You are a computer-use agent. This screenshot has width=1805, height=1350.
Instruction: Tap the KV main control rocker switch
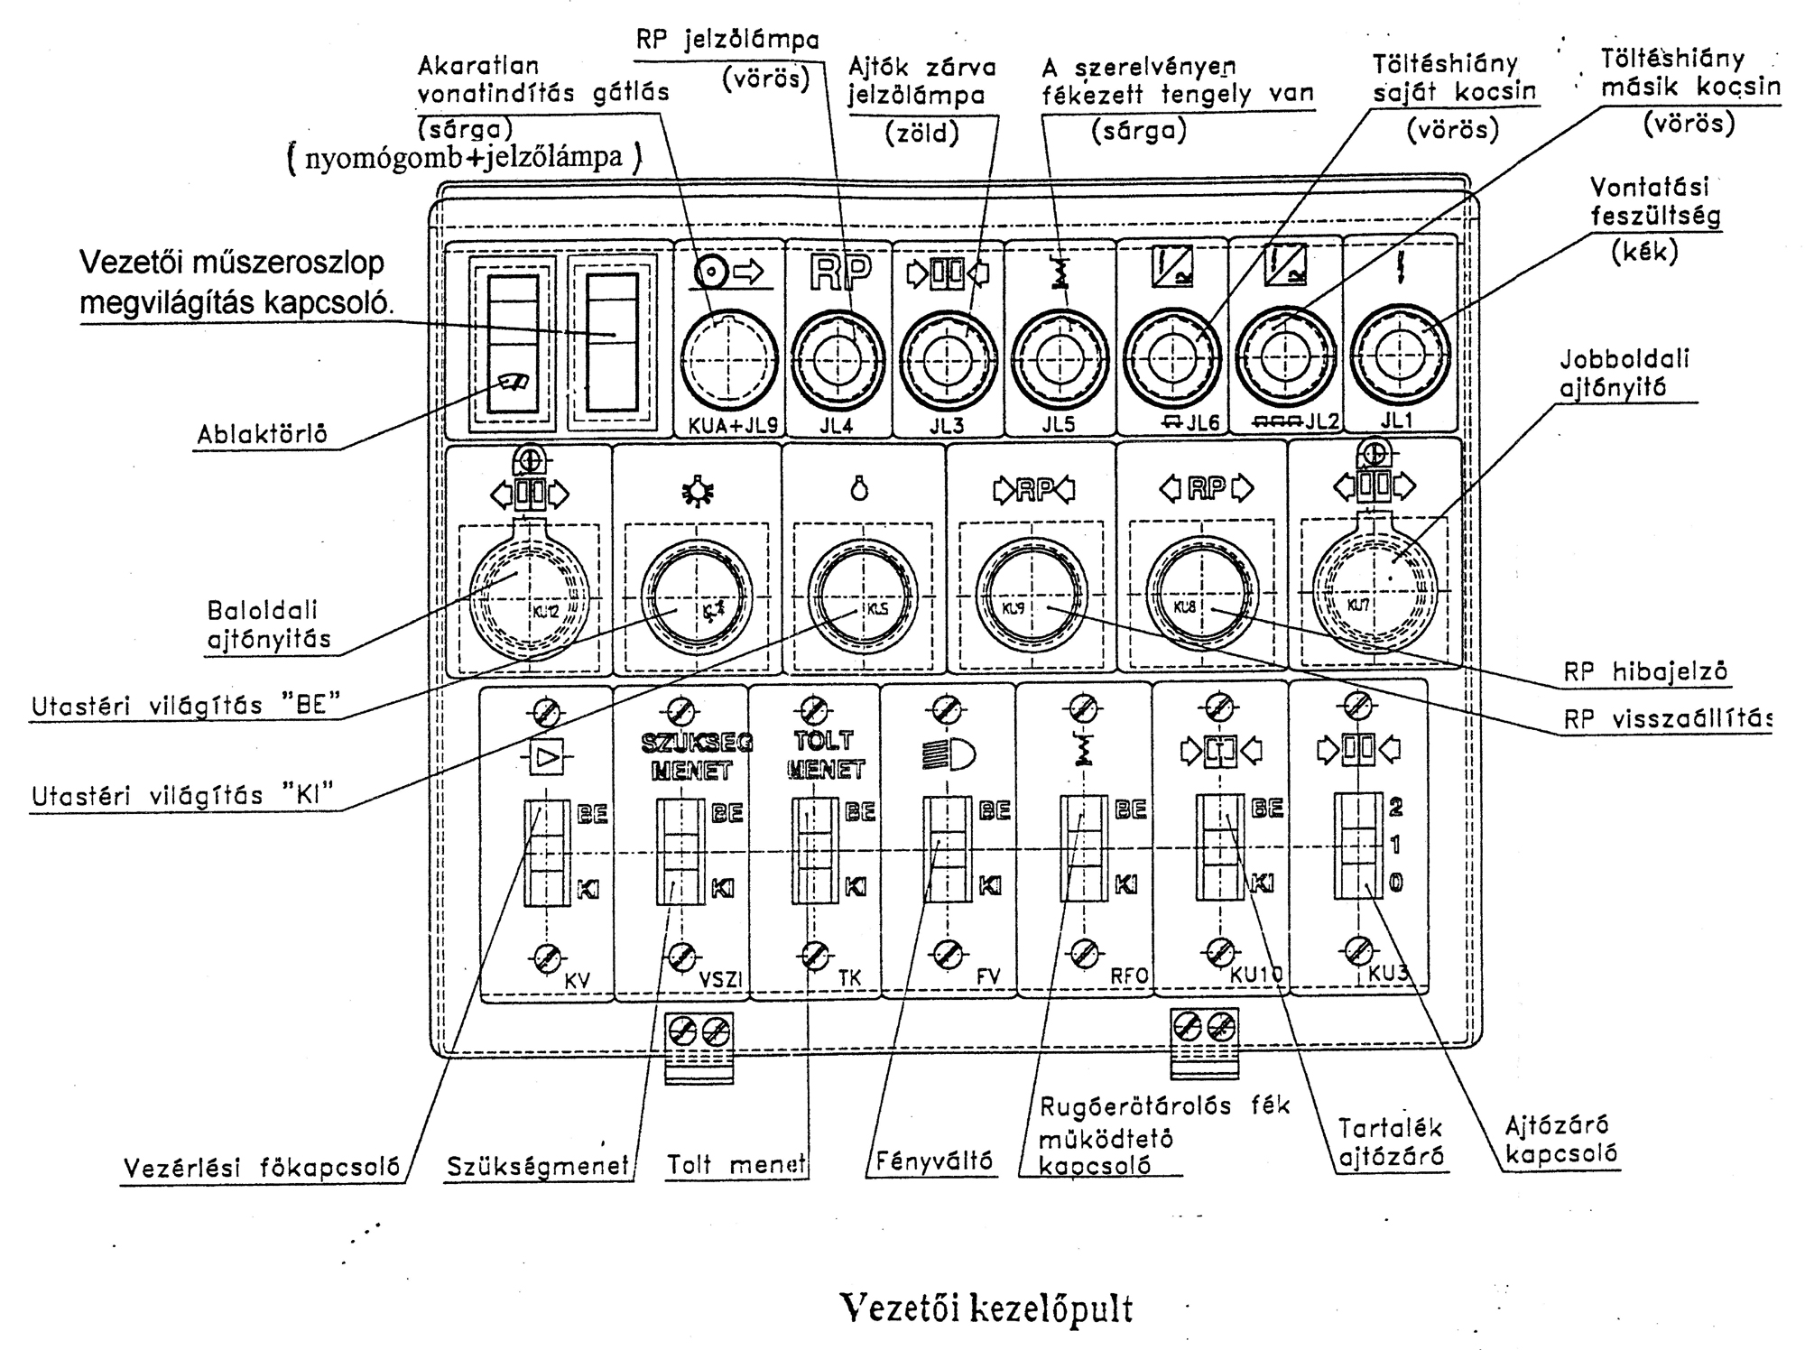(x=547, y=852)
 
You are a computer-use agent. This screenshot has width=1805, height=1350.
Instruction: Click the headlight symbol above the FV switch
(x=949, y=754)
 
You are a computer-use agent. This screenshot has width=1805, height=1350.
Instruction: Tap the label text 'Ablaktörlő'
(x=263, y=435)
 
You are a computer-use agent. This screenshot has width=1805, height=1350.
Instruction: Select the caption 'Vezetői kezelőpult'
(x=986, y=1307)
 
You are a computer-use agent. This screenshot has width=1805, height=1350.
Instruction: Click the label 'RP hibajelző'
(x=1645, y=671)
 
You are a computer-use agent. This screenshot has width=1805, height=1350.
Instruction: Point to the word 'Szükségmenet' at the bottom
(x=538, y=1167)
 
